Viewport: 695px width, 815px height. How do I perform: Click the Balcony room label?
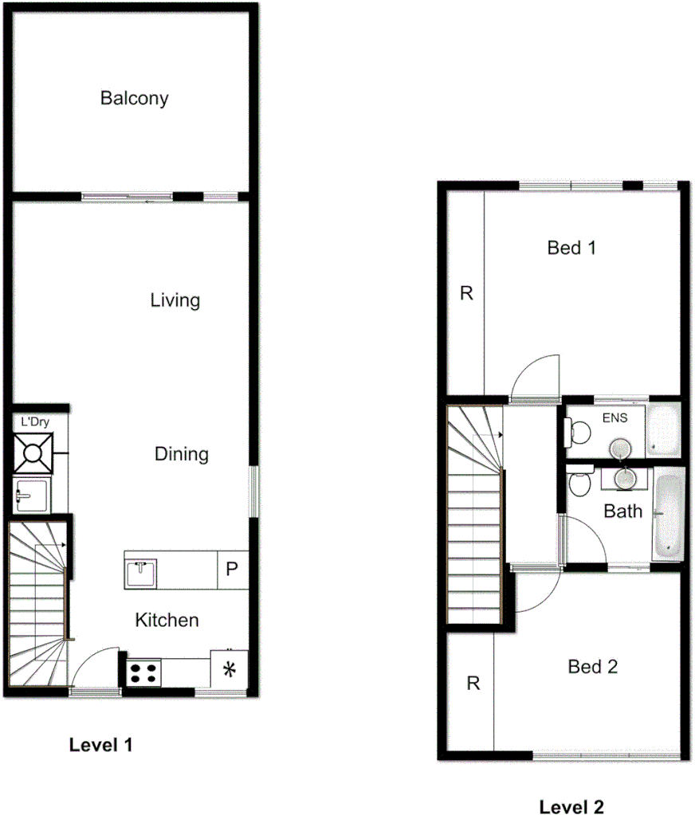134,99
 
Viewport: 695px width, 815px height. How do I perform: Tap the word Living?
175,300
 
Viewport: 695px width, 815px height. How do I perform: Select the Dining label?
181,454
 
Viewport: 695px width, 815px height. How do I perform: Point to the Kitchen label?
167,620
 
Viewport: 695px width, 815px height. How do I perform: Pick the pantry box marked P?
232,570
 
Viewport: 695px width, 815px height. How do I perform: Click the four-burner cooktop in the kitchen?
143,672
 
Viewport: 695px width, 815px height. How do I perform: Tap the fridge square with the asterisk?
230,668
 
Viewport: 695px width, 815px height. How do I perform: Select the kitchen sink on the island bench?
140,571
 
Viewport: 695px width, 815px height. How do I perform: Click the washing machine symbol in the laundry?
33,454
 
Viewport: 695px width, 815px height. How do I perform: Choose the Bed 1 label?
571,248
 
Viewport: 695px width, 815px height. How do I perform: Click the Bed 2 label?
592,666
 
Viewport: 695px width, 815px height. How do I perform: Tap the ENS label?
614,417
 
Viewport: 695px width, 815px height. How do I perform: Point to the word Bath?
622,511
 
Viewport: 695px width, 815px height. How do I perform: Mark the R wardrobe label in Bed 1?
467,293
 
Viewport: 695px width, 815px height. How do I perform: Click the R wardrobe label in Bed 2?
473,684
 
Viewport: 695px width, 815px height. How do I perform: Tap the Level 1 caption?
100,745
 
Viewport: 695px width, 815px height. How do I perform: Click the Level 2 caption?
571,807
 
